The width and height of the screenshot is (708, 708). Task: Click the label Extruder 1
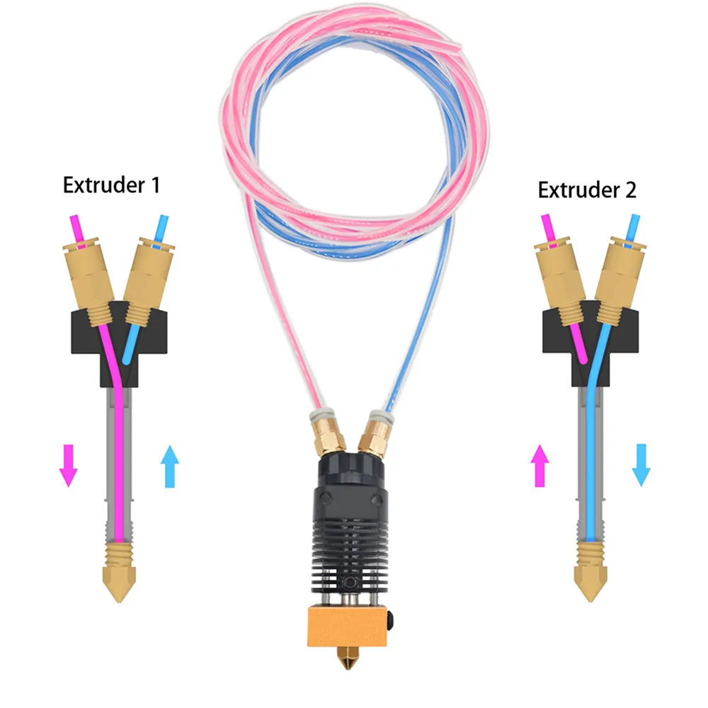coord(111,185)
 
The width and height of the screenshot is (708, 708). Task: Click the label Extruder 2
coord(587,190)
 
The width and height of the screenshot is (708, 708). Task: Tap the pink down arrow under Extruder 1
coord(68,464)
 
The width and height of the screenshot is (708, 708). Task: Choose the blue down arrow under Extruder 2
coord(641,464)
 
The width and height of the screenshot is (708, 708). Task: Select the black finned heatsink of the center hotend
coord(347,538)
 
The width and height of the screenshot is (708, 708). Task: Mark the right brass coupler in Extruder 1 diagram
coord(148,276)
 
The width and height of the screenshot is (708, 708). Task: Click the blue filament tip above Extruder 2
coord(633,225)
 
